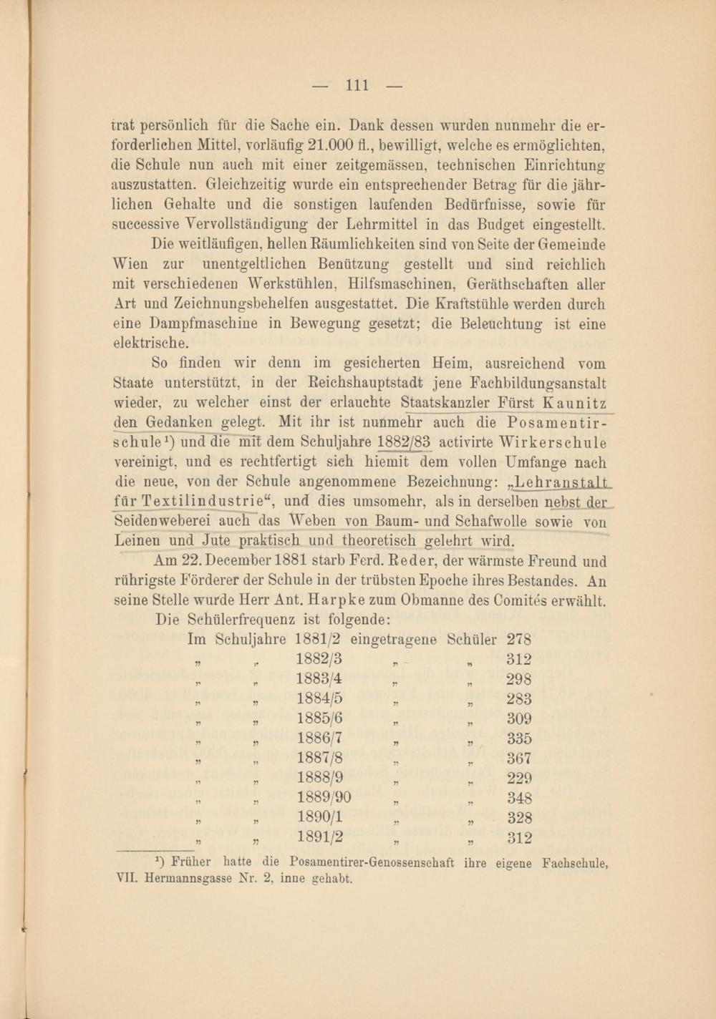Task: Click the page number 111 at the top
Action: point(357,86)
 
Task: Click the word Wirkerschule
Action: point(553,442)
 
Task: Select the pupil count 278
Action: point(518,639)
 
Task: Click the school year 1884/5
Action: point(319,698)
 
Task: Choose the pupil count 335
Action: point(518,738)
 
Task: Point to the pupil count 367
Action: point(518,758)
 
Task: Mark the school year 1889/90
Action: point(324,797)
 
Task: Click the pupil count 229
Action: point(518,778)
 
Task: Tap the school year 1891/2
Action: point(319,837)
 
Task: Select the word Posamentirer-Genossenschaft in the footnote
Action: point(372,862)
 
